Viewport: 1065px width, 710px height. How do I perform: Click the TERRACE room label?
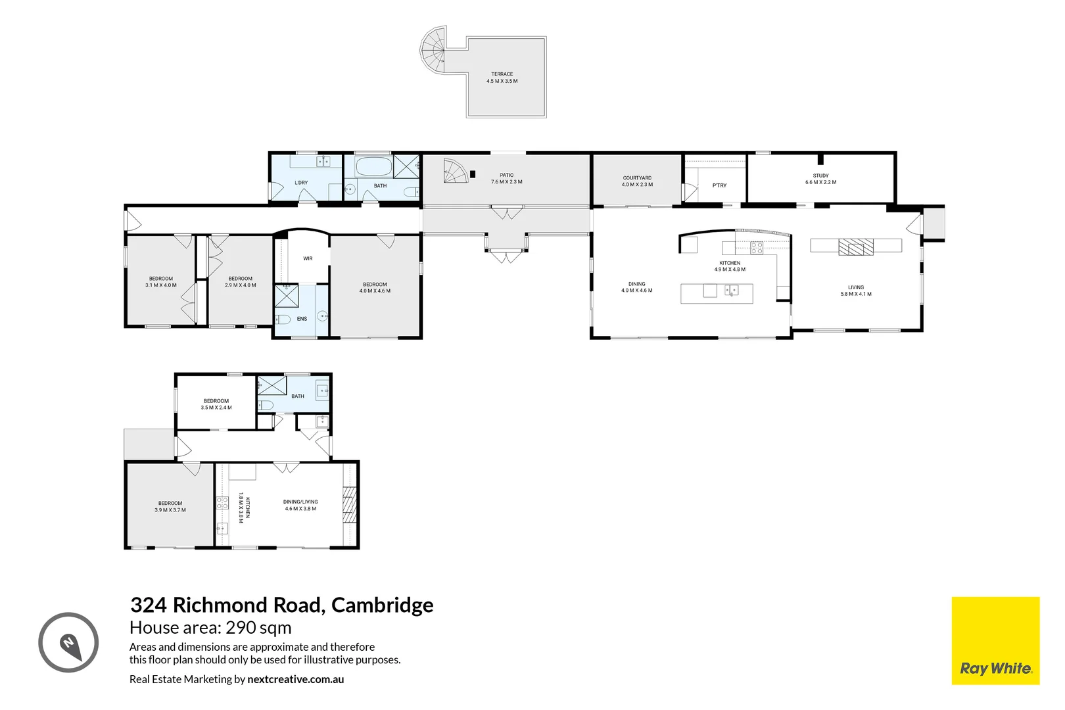(x=502, y=78)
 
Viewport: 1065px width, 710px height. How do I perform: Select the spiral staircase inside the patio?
(x=455, y=172)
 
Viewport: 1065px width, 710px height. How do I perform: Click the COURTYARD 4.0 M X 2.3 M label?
(x=637, y=181)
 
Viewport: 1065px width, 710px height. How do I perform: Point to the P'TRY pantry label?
(x=719, y=185)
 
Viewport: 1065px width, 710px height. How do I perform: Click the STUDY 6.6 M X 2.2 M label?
(x=820, y=179)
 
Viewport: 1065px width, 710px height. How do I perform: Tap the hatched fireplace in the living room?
(x=855, y=247)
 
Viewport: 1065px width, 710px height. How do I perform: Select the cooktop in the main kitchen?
(x=757, y=248)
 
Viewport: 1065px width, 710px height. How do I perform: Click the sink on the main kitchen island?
(x=731, y=290)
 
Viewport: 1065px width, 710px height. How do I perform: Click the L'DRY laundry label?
(x=301, y=183)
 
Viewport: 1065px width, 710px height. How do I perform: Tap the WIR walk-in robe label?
(x=308, y=258)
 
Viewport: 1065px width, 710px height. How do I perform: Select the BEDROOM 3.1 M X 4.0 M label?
(x=161, y=282)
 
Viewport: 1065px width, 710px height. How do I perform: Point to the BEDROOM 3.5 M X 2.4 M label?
(x=216, y=404)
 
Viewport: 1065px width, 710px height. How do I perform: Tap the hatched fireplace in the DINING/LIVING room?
(x=350, y=505)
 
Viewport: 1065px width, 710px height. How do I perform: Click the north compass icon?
(x=68, y=643)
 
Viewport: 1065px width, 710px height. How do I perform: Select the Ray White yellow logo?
(x=995, y=641)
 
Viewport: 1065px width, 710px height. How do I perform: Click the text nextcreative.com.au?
(x=295, y=680)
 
